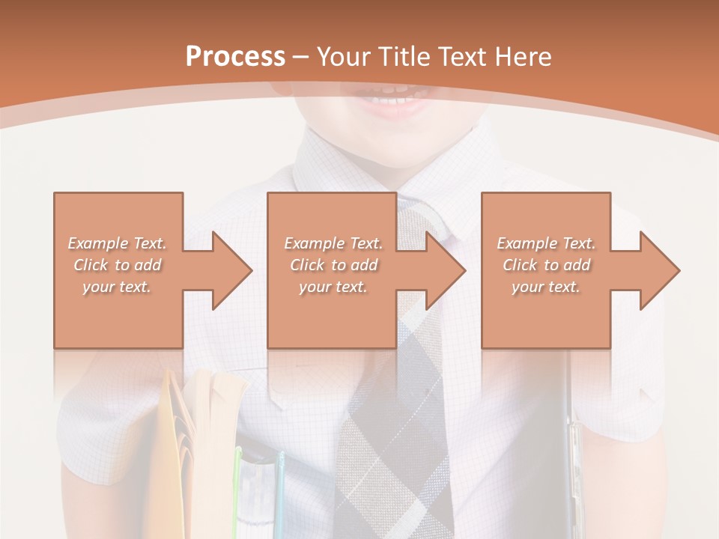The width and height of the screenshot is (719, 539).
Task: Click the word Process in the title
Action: [235, 56]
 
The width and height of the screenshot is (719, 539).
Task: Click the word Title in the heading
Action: [405, 56]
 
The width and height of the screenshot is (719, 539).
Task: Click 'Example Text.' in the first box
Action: [118, 243]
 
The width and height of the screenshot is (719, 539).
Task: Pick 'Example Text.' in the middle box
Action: [333, 243]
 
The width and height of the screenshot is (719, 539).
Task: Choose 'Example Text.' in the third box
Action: [546, 243]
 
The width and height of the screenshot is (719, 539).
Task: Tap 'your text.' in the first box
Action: [118, 287]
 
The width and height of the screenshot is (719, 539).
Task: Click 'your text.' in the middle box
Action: [333, 287]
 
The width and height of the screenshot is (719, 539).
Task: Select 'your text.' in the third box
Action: [546, 287]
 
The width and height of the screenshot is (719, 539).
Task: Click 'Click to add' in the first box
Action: [118, 265]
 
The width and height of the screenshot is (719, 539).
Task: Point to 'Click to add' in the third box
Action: [546, 265]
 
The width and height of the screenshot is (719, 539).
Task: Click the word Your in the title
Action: [345, 56]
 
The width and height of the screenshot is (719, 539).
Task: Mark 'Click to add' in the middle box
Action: [333, 265]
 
